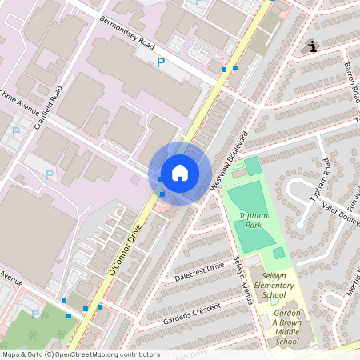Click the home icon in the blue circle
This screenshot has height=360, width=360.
pos(179,173)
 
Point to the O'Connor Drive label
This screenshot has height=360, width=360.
pos(125,250)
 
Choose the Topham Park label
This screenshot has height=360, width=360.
pos(254,220)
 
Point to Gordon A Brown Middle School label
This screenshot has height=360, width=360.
pos(286,326)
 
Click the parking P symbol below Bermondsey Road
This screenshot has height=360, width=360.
pos(161,62)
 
